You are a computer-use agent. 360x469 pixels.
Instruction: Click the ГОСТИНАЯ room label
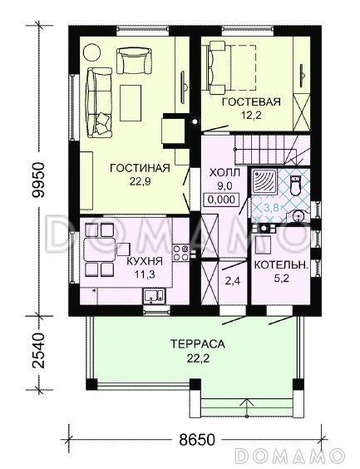(x=140, y=168)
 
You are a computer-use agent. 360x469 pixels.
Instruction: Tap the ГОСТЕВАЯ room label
(x=251, y=102)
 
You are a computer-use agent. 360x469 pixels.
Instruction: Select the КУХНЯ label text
(x=145, y=261)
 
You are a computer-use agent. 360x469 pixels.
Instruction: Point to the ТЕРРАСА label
(x=198, y=344)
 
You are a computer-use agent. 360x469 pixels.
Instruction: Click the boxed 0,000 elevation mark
(x=221, y=200)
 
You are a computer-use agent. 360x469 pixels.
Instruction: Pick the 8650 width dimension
(x=197, y=440)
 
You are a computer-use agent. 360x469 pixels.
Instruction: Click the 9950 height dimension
(x=38, y=180)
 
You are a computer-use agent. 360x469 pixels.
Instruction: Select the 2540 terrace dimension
(x=38, y=350)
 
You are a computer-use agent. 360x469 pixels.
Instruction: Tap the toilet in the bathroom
(x=295, y=186)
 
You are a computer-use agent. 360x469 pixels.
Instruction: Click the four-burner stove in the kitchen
(x=181, y=253)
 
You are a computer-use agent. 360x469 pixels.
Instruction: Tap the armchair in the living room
(x=134, y=61)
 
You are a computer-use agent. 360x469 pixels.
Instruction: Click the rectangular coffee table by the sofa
(x=131, y=103)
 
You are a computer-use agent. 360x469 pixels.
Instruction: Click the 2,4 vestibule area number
(x=232, y=281)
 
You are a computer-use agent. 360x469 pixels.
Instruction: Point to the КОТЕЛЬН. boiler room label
(x=281, y=265)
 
